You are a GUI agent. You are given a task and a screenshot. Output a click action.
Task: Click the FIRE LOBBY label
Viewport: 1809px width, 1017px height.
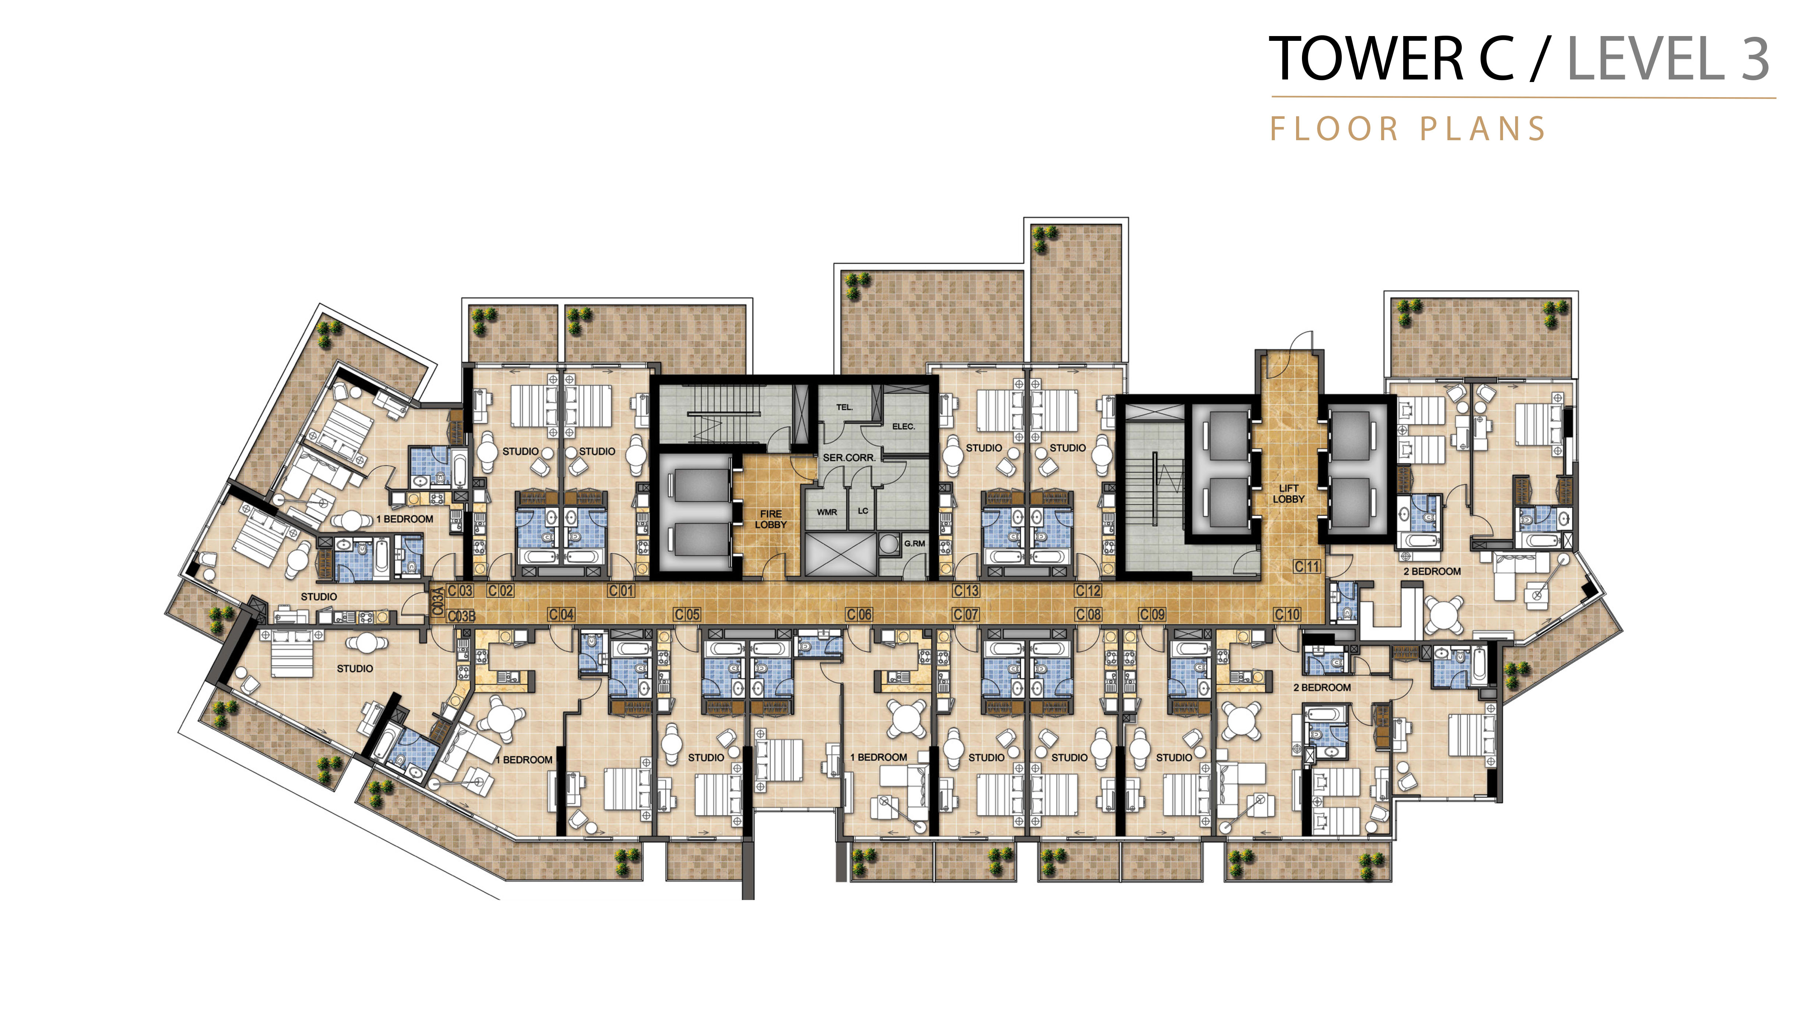pos(770,520)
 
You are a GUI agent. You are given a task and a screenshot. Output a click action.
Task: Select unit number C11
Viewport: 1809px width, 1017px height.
pos(1307,566)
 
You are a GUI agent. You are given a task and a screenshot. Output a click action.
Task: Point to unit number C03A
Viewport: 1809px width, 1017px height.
pos(437,602)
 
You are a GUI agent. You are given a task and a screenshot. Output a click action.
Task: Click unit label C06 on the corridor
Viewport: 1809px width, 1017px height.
pos(859,614)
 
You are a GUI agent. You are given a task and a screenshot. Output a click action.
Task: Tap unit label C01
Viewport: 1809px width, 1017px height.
pos(622,591)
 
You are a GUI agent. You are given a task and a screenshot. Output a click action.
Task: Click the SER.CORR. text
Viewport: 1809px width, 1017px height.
pos(849,458)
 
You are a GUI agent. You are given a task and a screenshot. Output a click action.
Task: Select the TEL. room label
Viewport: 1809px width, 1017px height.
pos(844,407)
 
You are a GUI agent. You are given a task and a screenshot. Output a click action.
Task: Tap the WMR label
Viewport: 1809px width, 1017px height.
pos(827,512)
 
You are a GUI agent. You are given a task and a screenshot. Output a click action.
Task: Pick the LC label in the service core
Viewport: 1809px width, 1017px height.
pos(863,511)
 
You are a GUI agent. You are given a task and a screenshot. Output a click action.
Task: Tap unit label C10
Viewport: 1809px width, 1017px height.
pos(1287,614)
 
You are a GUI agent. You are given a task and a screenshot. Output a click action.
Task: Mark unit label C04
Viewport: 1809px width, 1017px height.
pos(561,614)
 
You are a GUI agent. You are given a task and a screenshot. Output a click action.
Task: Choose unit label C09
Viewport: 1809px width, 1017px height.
pos(1152,614)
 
